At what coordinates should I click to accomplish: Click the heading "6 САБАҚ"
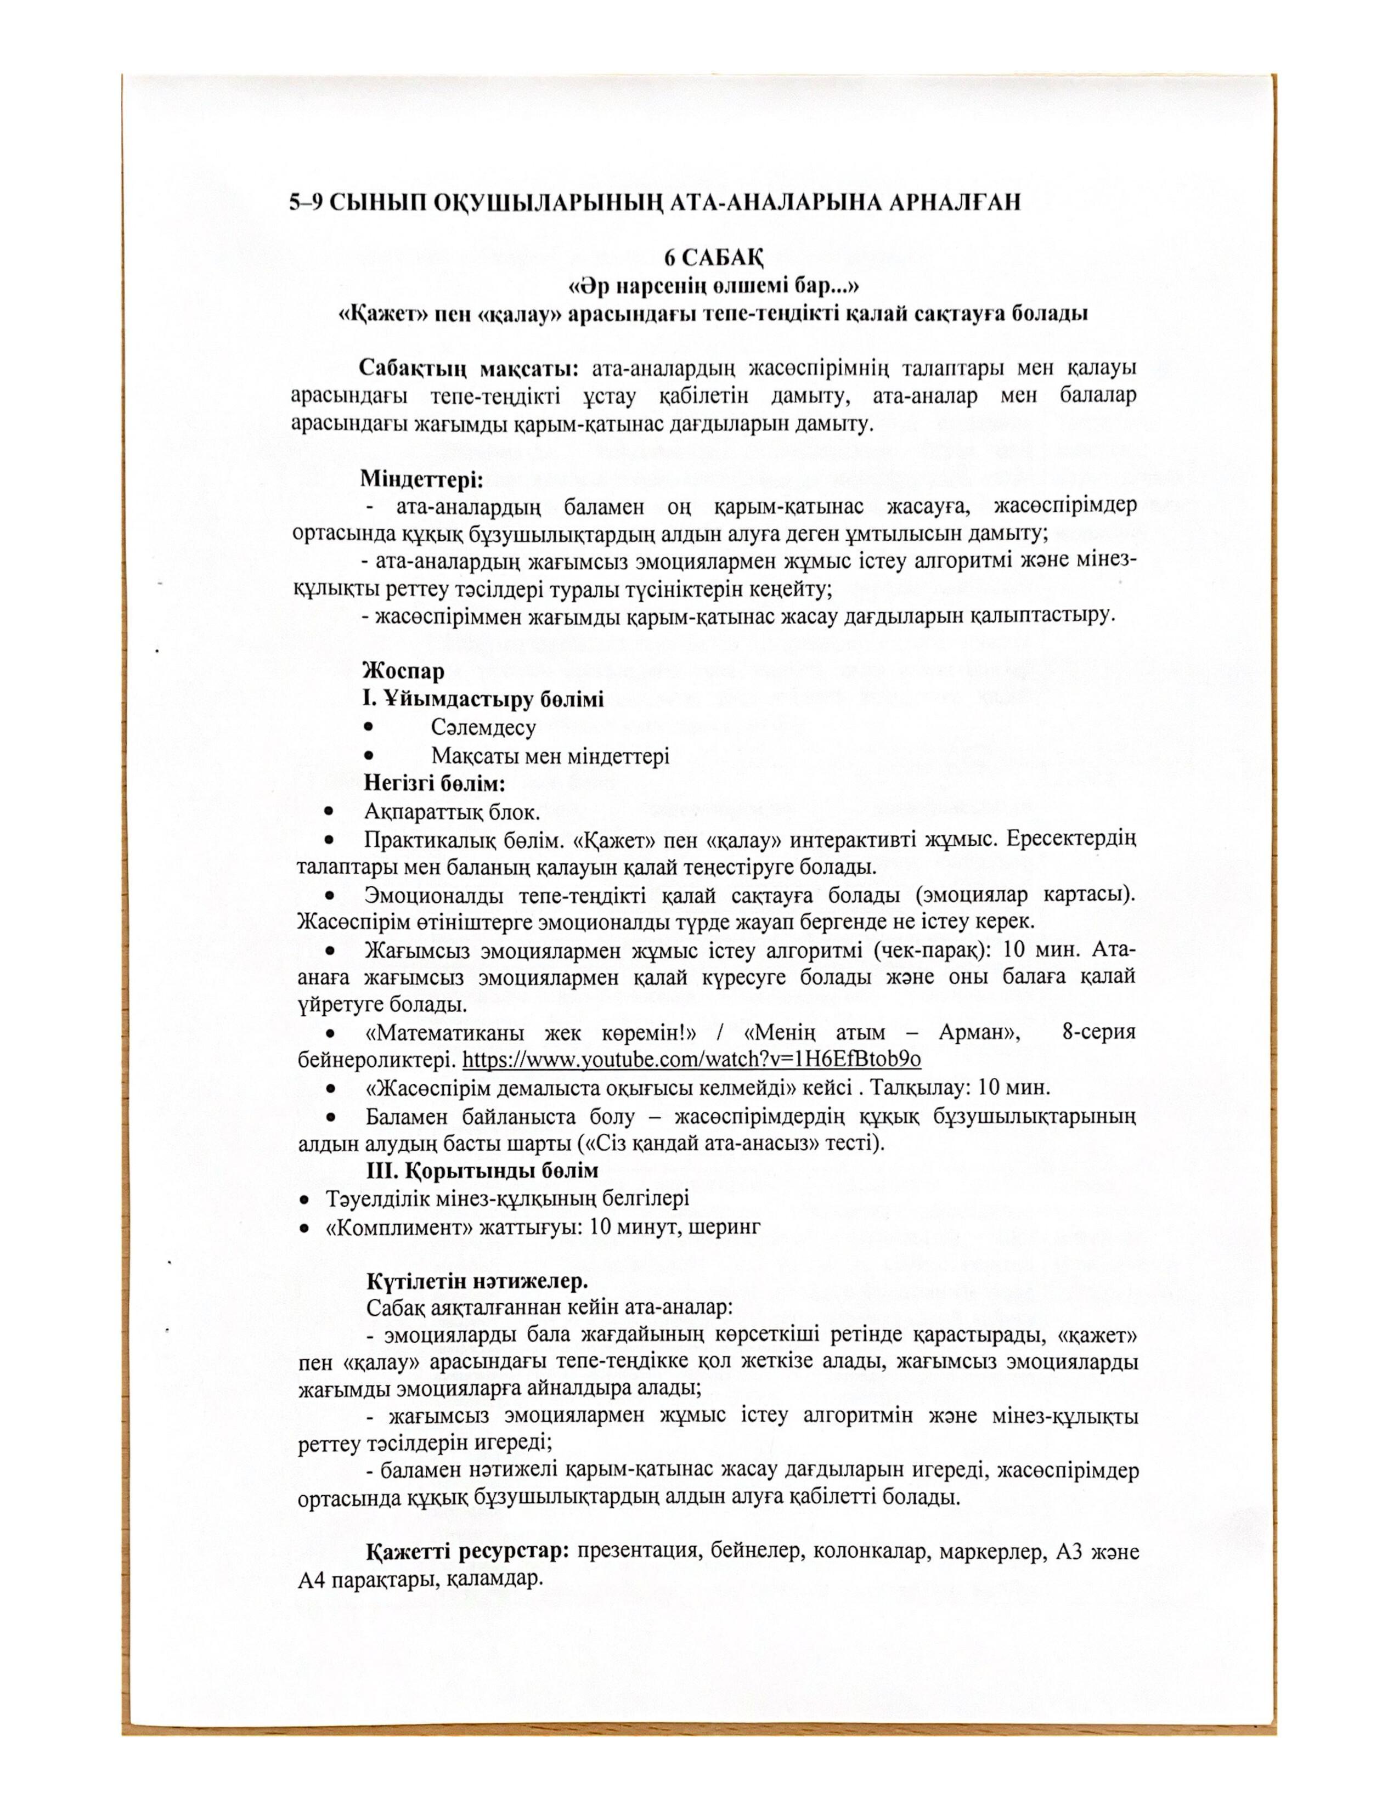pyautogui.click(x=717, y=258)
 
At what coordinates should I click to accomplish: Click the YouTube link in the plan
pyautogui.click(x=691, y=1059)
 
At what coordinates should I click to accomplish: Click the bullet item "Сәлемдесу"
pyautogui.click(x=483, y=728)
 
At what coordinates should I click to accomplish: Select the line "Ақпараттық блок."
pyautogui.click(x=453, y=812)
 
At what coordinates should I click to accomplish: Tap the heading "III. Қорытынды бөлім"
pyautogui.click(x=482, y=1170)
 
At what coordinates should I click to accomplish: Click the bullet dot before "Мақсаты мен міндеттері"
pyautogui.click(x=368, y=756)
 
